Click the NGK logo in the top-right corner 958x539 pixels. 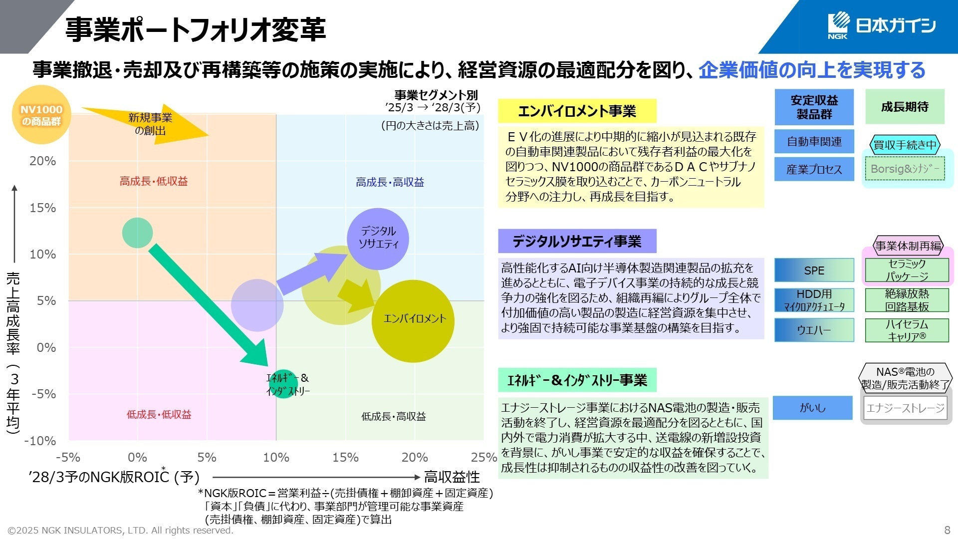coord(881,25)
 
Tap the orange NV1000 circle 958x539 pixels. coord(41,115)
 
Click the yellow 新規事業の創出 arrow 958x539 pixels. coord(150,124)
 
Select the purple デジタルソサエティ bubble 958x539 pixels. coord(378,239)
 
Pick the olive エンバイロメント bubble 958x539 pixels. coord(413,321)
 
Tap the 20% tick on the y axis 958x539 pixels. coord(43,161)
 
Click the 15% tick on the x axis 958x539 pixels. coord(345,457)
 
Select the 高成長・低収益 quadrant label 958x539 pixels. coord(154,181)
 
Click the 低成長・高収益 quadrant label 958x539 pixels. coord(394,416)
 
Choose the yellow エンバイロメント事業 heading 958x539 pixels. coord(577,111)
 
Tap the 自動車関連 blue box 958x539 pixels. coord(814,142)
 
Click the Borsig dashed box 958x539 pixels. coord(905,169)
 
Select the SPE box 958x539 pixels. coord(814,270)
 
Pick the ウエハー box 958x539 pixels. coord(814,330)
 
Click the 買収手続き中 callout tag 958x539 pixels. coord(905,145)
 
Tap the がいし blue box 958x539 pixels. coord(812,408)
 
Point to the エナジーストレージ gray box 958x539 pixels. coord(905,408)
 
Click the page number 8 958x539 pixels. coord(947,530)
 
